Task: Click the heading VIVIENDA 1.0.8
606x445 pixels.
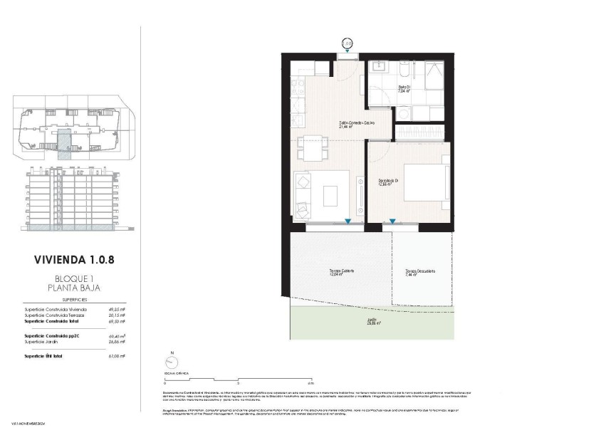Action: [74, 260]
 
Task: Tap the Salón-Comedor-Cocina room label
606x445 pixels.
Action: [356, 123]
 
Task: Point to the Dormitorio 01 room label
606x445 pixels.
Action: [388, 182]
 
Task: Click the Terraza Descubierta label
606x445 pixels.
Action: [420, 271]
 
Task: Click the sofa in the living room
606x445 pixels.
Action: [301, 194]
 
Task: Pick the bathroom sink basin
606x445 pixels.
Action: [378, 70]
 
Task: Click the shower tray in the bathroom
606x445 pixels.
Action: [432, 76]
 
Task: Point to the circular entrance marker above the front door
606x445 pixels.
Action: [348, 43]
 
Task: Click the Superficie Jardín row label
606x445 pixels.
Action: [44, 342]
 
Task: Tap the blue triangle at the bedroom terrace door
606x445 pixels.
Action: [392, 221]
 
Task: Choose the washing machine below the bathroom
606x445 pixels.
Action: [404, 113]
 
